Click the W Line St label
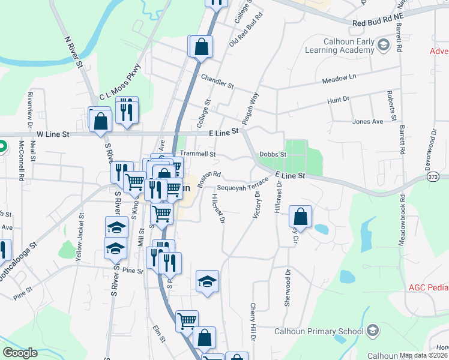pos(53,134)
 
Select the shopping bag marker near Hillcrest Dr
pos(301,217)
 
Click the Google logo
pos(20,353)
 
